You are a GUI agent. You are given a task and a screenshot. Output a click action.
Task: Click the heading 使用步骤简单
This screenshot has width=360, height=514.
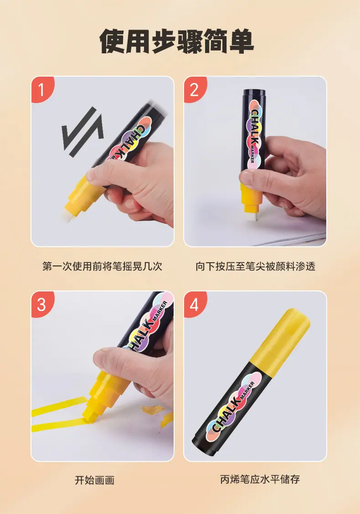pos(177,42)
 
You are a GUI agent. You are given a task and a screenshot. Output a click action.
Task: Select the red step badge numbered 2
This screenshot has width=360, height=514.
pos(195,89)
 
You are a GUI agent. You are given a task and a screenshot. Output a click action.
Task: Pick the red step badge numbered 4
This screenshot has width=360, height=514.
pos(195,304)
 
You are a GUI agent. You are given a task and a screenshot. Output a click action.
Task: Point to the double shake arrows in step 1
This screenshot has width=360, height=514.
pos(83,132)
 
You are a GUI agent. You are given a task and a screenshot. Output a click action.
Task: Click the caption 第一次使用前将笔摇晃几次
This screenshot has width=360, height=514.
pos(102,266)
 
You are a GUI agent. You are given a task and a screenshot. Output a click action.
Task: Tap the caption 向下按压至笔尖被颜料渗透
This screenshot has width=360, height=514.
pos(256,266)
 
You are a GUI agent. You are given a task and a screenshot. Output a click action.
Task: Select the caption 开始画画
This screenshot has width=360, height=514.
pos(95,480)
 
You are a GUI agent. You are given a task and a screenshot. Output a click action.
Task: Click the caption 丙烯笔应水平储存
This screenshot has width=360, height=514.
pos(260,479)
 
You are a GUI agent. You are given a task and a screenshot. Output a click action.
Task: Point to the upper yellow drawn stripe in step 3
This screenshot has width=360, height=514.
pos(59,406)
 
